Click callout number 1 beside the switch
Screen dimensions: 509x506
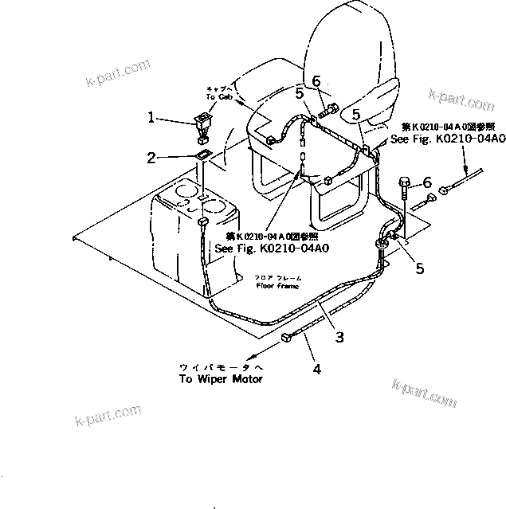pyautogui.click(x=152, y=116)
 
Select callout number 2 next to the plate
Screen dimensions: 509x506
pyautogui.click(x=152, y=159)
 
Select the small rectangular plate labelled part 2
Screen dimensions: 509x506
pyautogui.click(x=202, y=155)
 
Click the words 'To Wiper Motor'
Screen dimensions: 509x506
pyautogui.click(x=220, y=378)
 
